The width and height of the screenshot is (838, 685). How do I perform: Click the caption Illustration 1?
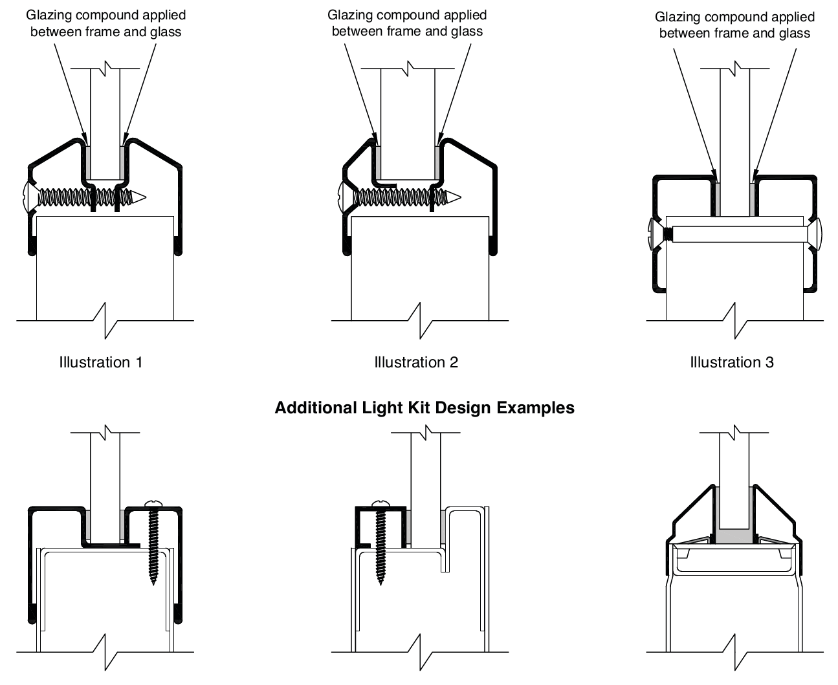tap(100, 362)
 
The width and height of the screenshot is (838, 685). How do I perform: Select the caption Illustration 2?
tap(416, 362)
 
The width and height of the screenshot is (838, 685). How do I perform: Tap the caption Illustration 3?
tap(732, 362)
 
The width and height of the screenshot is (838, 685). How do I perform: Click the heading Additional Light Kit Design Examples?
tap(425, 408)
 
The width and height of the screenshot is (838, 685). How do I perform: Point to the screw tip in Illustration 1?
tap(142, 196)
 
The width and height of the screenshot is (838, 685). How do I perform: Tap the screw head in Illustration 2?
tap(342, 193)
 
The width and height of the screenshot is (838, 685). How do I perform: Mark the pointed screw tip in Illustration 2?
tap(459, 195)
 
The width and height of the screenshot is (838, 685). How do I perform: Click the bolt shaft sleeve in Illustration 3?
tap(738, 234)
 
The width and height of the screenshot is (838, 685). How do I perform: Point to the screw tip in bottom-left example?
tap(153, 582)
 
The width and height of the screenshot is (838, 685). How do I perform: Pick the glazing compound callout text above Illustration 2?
tap(407, 23)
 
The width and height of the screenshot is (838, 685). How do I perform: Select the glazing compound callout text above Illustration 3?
tap(734, 25)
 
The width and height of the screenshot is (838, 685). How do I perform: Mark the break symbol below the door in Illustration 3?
tap(736, 320)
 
